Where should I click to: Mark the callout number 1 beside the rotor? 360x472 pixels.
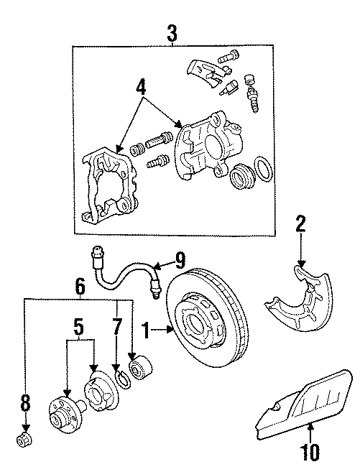pos(147,332)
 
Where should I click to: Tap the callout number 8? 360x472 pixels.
pos(26,404)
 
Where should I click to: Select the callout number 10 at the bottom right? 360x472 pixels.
pos(310,454)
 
